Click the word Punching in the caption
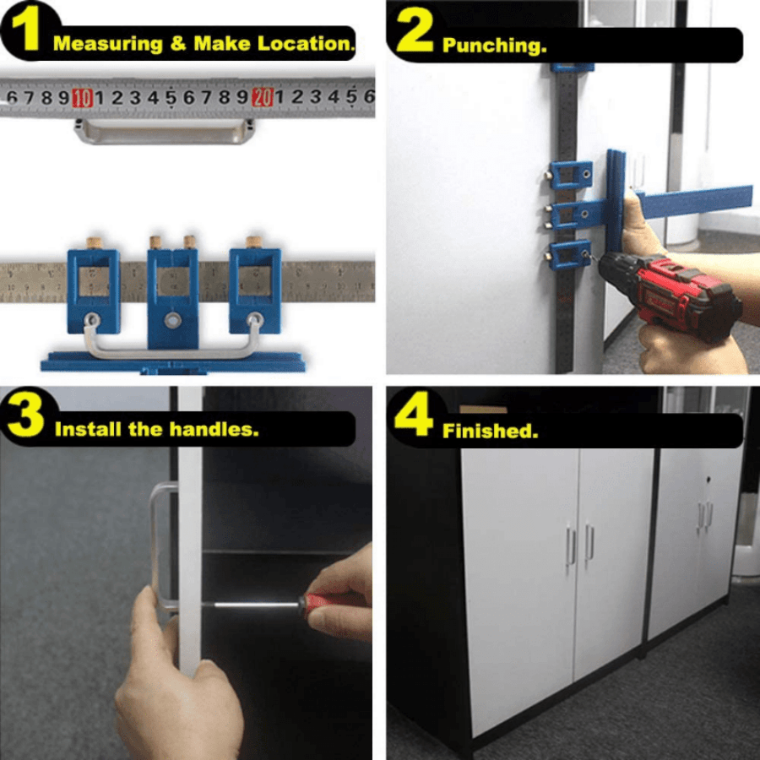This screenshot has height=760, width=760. coord(494,46)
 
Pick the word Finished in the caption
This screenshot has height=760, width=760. coord(490,432)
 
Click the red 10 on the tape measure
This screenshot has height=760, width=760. coord(83,99)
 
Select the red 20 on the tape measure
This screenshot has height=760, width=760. coord(263,99)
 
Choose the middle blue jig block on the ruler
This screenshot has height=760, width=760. coord(173,296)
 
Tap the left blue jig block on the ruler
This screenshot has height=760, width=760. coord(93,291)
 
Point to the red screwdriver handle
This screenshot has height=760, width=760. coord(325,602)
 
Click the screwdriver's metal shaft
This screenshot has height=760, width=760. coord(253,605)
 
